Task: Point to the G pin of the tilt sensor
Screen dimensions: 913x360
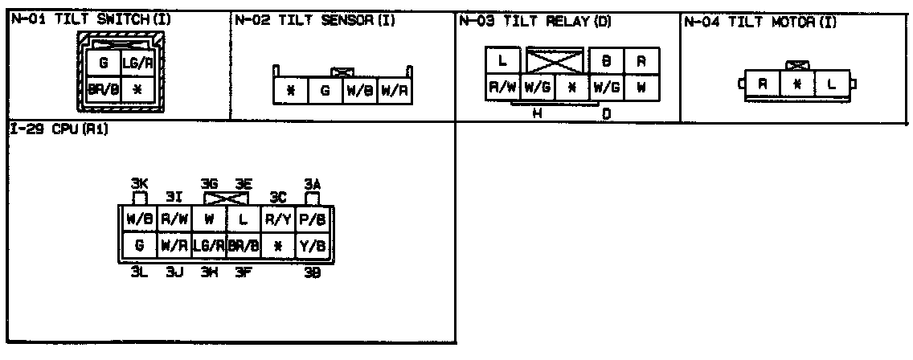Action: tap(325, 91)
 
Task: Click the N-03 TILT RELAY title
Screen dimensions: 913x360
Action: tap(535, 20)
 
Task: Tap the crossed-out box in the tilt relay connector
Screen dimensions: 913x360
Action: tap(555, 60)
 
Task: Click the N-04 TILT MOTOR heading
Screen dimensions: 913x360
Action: tap(759, 20)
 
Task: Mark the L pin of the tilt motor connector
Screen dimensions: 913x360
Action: tap(831, 83)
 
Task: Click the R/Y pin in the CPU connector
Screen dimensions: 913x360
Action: tap(278, 218)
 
